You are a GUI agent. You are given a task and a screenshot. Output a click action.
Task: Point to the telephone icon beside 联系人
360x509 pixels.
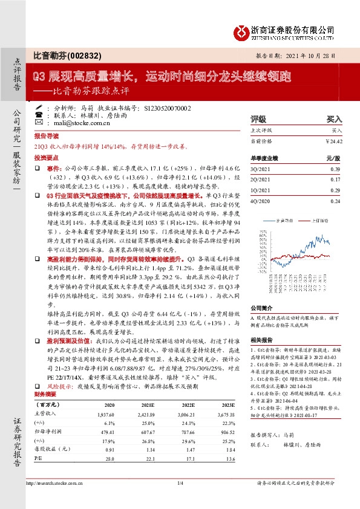[x=39, y=114]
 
